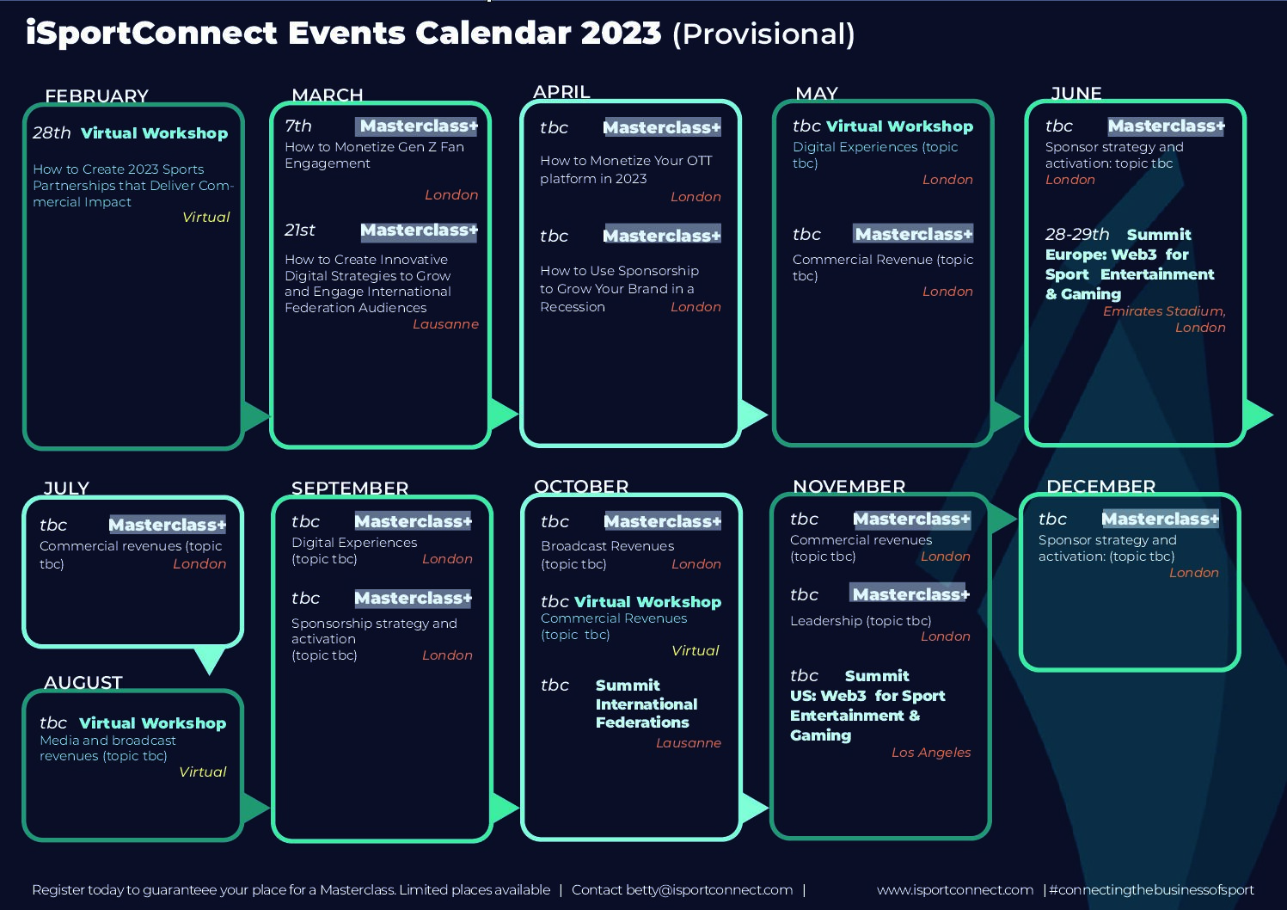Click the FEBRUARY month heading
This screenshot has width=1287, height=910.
96,95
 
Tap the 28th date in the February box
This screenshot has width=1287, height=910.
52,132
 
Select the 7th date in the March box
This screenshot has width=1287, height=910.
298,126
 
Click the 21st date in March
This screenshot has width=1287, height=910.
300,230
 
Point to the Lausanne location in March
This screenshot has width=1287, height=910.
445,324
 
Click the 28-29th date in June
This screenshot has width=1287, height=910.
1077,235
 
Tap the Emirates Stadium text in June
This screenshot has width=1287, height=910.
1164,311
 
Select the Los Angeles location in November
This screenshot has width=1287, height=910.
931,753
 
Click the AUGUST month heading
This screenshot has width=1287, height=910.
83,682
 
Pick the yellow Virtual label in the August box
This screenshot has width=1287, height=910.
202,772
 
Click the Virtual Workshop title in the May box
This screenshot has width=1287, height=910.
899,126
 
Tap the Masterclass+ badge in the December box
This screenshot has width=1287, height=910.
1160,520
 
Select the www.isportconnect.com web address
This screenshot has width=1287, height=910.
955,890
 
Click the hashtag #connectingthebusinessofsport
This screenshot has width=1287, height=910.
1151,890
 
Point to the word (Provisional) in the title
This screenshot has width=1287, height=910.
763,34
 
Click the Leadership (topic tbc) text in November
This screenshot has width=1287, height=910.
861,621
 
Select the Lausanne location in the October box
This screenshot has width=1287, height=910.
689,743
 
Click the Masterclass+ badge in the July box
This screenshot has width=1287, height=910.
167,525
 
